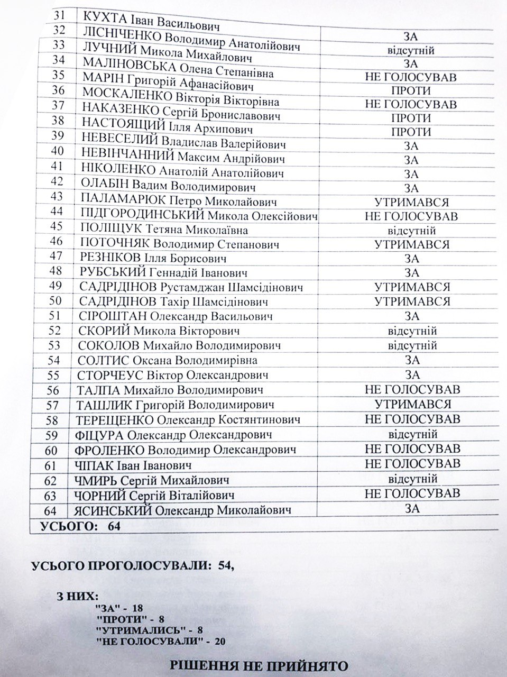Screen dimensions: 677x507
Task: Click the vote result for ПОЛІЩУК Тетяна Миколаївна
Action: coord(411,231)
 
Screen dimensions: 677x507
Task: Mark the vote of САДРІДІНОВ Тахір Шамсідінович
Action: coord(412,301)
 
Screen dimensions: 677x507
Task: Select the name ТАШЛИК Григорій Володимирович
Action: coord(176,405)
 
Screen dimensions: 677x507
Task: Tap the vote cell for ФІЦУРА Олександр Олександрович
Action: coord(412,434)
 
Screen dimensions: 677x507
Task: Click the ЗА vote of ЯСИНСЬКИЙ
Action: coord(412,508)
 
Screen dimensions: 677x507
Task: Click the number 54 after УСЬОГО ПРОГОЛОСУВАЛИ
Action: coord(224,565)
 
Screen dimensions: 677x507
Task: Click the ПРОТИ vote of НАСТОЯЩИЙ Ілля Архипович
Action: coord(411,132)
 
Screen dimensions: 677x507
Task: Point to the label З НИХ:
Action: coord(73,596)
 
